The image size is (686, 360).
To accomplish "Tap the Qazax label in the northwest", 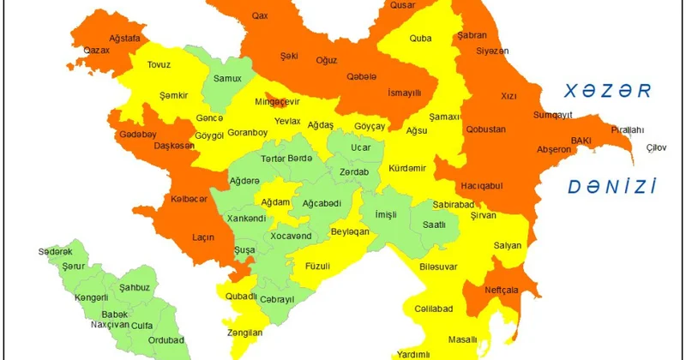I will pyautogui.click(x=97, y=51).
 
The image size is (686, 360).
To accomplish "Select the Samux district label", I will pyautogui.click(x=227, y=79).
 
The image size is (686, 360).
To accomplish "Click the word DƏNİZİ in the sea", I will pyautogui.click(x=612, y=187).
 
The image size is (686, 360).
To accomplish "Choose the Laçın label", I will pyautogui.click(x=204, y=236).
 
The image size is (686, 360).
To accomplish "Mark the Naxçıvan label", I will pyautogui.click(x=110, y=325).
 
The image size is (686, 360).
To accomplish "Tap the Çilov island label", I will pyautogui.click(x=656, y=147).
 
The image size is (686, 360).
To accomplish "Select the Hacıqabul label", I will pyautogui.click(x=482, y=185).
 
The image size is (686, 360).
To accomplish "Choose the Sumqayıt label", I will pyautogui.click(x=552, y=113).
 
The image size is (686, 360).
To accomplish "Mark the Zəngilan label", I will pyautogui.click(x=246, y=332).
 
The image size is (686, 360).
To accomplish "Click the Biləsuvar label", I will pyautogui.click(x=438, y=267).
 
